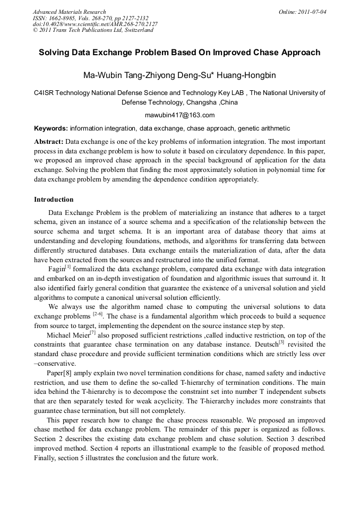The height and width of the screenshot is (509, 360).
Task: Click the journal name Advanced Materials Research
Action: (69, 12)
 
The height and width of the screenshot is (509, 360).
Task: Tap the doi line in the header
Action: (95, 24)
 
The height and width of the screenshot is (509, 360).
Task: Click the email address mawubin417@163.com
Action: (179, 115)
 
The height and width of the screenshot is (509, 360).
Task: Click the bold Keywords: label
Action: (51, 128)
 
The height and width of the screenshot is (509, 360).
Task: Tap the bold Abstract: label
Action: (49, 142)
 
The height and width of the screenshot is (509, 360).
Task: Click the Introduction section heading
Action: (54, 200)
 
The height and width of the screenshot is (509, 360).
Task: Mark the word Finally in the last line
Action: (46, 458)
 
